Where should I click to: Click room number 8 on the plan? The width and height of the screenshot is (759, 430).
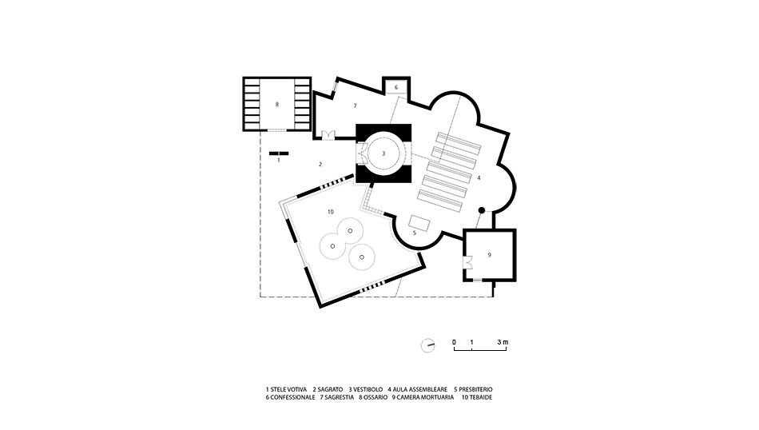coord(277,104)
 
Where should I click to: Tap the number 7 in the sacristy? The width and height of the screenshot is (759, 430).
coord(355,106)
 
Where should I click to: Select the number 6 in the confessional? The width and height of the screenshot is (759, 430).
coord(396,88)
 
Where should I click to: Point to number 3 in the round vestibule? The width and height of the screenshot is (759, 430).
coord(383,153)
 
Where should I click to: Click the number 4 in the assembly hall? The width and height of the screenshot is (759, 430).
coord(479,177)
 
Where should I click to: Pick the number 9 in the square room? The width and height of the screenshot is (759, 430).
coord(490,255)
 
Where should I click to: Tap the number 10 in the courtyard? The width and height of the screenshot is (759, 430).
coord(331,212)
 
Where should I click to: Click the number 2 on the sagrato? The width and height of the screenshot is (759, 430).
coord(320,165)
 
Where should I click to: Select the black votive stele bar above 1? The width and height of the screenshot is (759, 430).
coord(279,153)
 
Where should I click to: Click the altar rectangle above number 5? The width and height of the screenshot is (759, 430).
coord(419,223)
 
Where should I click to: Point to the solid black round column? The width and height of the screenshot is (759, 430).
coord(481,210)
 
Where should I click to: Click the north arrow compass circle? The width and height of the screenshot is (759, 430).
coord(427,345)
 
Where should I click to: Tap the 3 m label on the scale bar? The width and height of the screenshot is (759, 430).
coord(503,342)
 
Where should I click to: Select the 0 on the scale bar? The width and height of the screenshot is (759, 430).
coord(454,342)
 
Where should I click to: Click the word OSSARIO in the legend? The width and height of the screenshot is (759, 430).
coord(376,397)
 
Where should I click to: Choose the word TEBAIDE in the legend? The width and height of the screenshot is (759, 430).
coord(480,397)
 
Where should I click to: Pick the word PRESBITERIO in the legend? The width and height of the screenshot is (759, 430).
coord(475,389)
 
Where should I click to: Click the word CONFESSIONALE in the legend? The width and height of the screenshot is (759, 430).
coord(293,397)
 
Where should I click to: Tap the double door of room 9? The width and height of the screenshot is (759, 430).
coord(467,262)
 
